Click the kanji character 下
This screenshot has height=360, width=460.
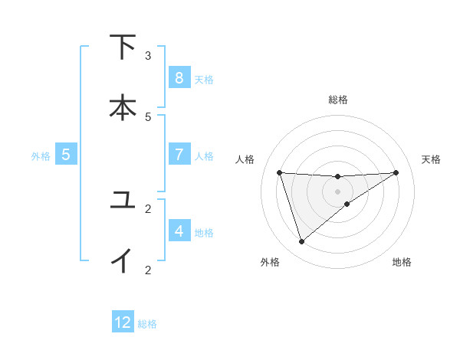tap(123, 47)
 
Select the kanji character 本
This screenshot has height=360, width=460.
tap(123, 107)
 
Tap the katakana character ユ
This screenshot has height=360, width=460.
tap(123, 201)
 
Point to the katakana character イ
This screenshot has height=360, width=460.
tap(123, 260)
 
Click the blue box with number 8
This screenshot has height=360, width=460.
tap(179, 77)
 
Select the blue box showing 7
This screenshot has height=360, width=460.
tap(179, 155)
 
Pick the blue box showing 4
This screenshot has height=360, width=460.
tap(179, 231)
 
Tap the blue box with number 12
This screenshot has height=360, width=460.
tap(123, 322)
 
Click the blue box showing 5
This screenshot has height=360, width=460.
tap(66, 155)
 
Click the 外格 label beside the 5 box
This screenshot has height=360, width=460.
tap(41, 156)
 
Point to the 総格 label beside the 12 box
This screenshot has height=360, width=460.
tap(147, 324)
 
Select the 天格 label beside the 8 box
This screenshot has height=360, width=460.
tap(204, 79)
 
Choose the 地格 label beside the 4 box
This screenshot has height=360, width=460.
tap(204, 232)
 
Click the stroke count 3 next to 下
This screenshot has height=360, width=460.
tap(148, 56)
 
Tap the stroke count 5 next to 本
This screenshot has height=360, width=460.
tap(148, 116)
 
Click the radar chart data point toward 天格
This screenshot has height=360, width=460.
tap(396, 172)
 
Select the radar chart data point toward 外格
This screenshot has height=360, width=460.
tap(301, 242)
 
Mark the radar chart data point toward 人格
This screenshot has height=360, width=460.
tap(279, 172)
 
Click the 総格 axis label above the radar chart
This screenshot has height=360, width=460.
tap(338, 100)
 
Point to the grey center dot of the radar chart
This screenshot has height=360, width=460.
tap(338, 191)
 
